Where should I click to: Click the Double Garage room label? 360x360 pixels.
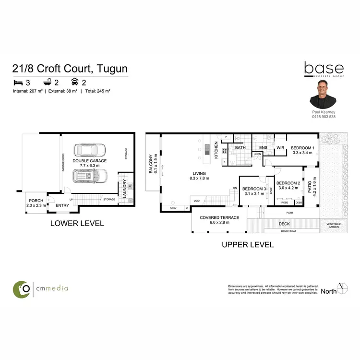tap(90, 161)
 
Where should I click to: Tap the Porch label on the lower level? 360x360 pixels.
tap(36, 201)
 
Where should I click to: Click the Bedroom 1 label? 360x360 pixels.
tap(303, 148)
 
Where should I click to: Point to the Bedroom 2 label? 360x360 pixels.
tap(288, 183)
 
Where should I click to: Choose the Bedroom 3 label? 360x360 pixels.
tap(253, 189)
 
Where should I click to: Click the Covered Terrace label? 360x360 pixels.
tap(219, 217)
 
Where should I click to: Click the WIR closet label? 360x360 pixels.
tap(280, 148)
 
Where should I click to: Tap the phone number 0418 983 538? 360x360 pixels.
tap(323, 117)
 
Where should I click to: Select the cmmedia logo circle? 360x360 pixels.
tap(23, 288)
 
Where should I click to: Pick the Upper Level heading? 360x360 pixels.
tap(247, 245)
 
